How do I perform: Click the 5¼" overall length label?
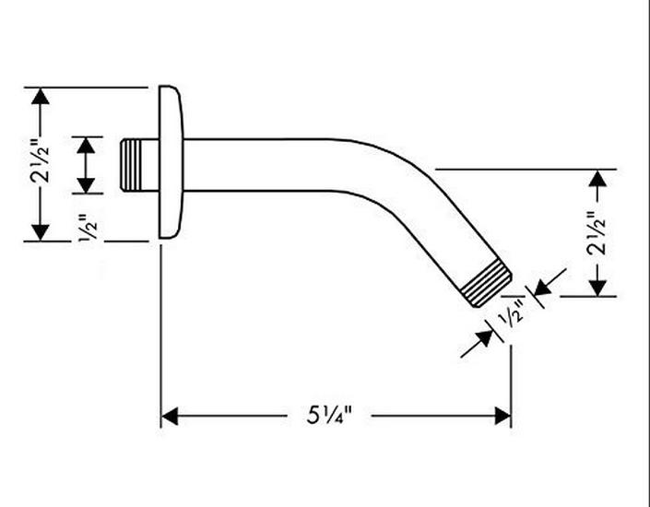(x=328, y=417)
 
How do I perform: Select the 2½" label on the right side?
(x=598, y=233)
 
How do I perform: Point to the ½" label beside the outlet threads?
(x=513, y=313)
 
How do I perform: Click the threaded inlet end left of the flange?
(x=139, y=165)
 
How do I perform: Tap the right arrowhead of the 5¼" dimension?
(x=503, y=417)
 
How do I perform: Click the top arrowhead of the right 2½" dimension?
(x=599, y=179)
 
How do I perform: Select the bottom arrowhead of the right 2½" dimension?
(x=599, y=289)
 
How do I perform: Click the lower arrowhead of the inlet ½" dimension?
(x=87, y=186)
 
